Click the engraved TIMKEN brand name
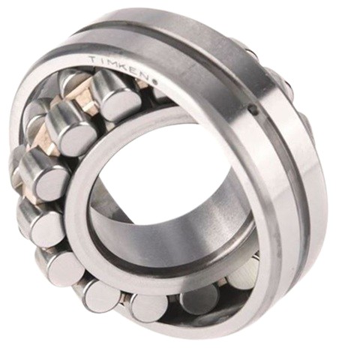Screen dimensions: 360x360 (121, 67)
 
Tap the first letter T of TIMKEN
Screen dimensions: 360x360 (94, 59)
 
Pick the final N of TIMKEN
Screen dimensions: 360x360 (147, 76)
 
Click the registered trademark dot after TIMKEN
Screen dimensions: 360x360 (154, 82)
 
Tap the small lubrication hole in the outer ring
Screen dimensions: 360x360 (253, 109)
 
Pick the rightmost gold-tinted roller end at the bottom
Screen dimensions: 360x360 (244, 271)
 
